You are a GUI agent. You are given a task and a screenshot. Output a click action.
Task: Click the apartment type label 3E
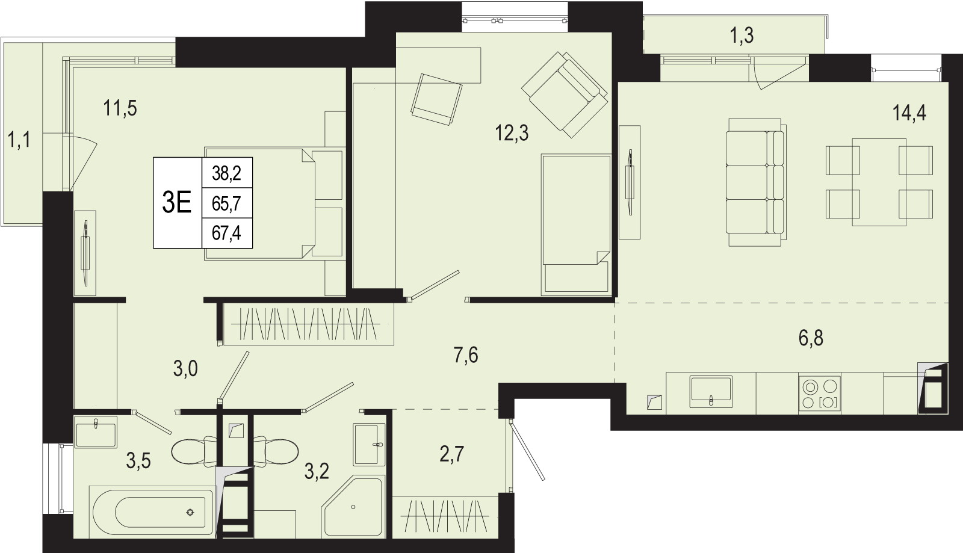coord(177,202)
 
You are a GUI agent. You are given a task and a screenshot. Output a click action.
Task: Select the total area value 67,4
coord(226,233)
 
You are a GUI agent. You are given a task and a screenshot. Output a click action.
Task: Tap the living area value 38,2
coord(226,173)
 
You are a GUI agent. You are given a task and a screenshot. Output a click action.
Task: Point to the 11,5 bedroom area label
coord(120,108)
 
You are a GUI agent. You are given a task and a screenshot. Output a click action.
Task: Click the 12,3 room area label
coord(512,133)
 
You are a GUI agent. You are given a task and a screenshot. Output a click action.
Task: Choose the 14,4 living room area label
coord(909,113)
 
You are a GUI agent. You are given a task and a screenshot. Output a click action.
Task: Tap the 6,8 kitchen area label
coord(811,338)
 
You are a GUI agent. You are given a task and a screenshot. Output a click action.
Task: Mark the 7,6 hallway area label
coord(466,356)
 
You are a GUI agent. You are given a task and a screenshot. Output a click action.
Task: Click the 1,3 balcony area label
coord(742,36)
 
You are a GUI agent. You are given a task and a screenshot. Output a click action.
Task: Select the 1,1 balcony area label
coord(19,140)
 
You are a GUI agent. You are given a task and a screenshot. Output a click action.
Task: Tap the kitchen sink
coord(711,392)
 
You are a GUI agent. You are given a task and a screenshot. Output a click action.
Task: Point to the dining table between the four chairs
coord(879,182)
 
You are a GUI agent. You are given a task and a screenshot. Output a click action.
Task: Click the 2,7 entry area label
coord(452,454)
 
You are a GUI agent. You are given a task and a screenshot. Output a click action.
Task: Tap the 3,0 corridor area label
coord(185,369)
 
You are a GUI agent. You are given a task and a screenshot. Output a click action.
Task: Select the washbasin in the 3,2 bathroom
coord(370,445)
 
